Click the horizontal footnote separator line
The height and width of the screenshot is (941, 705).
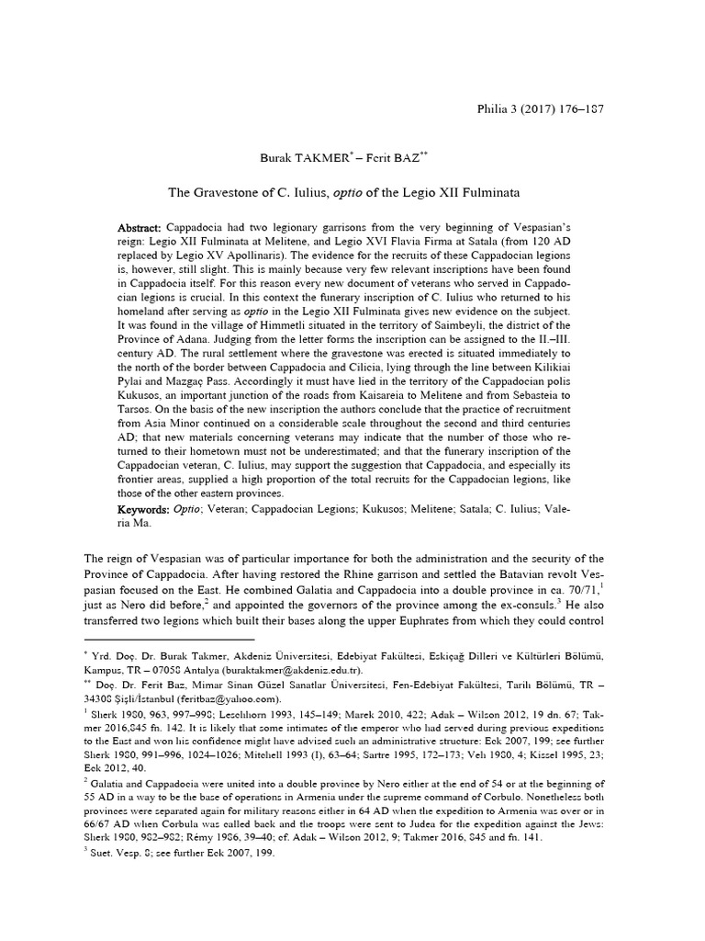click(x=169, y=638)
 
